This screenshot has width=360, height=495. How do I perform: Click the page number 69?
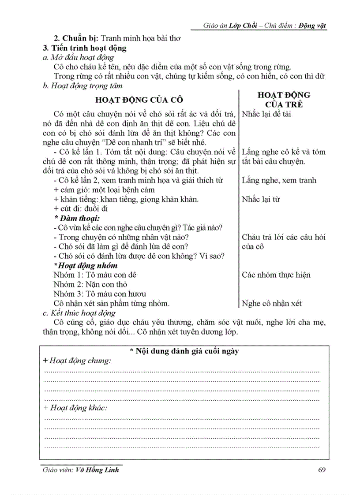click(x=321, y=469)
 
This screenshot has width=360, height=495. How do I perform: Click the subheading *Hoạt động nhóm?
click(x=85, y=265)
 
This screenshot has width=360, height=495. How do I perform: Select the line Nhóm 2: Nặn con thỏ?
click(x=91, y=284)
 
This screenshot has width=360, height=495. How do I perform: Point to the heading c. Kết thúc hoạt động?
click(x=77, y=313)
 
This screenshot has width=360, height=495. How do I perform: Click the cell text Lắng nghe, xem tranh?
click(x=278, y=180)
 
